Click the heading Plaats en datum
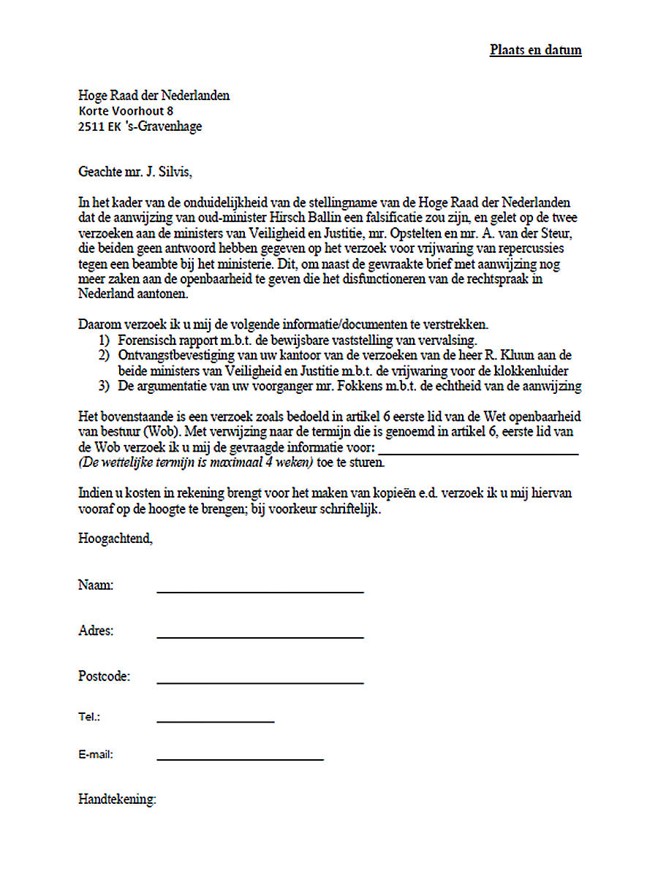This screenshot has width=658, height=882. [x=535, y=50]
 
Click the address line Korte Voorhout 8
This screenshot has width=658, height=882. [x=126, y=111]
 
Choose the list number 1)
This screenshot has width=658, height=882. [x=104, y=340]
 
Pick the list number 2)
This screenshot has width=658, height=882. [x=104, y=355]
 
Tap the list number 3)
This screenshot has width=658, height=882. [x=104, y=386]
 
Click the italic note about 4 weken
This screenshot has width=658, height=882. [x=196, y=463]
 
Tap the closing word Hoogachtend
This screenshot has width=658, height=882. [x=116, y=539]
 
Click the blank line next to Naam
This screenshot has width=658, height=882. [x=260, y=590]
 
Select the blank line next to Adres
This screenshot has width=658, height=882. [x=260, y=636]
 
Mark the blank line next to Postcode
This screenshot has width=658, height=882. [x=260, y=682]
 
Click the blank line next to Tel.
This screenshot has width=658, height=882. [x=215, y=721]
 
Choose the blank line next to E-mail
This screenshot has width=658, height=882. [x=240, y=759]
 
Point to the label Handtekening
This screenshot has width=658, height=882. [x=117, y=799]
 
